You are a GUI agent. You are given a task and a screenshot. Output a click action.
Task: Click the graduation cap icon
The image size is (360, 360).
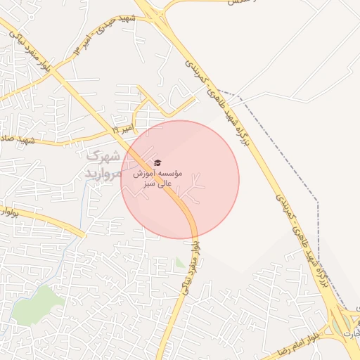point(157,163)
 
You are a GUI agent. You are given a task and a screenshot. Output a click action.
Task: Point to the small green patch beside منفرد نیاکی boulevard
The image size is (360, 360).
point(181,263)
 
